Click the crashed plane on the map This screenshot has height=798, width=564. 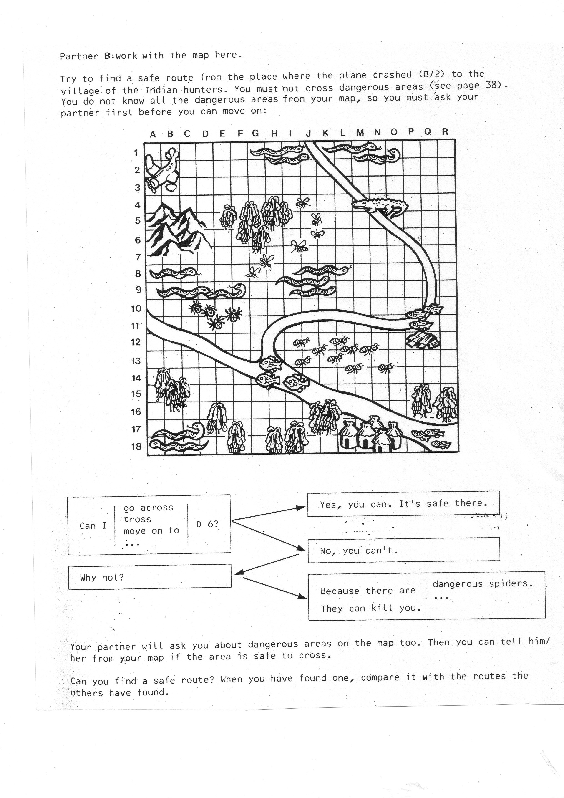pyautogui.click(x=162, y=169)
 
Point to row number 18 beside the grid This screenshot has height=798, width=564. pyautogui.click(x=136, y=446)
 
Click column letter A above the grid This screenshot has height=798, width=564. pyautogui.click(x=153, y=134)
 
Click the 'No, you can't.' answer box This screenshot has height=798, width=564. pyautogui.click(x=403, y=550)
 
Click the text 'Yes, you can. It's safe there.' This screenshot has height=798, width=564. pyautogui.click(x=403, y=504)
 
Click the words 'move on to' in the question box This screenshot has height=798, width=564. pyautogui.click(x=151, y=531)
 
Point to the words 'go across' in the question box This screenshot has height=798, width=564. pyautogui.click(x=148, y=508)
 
